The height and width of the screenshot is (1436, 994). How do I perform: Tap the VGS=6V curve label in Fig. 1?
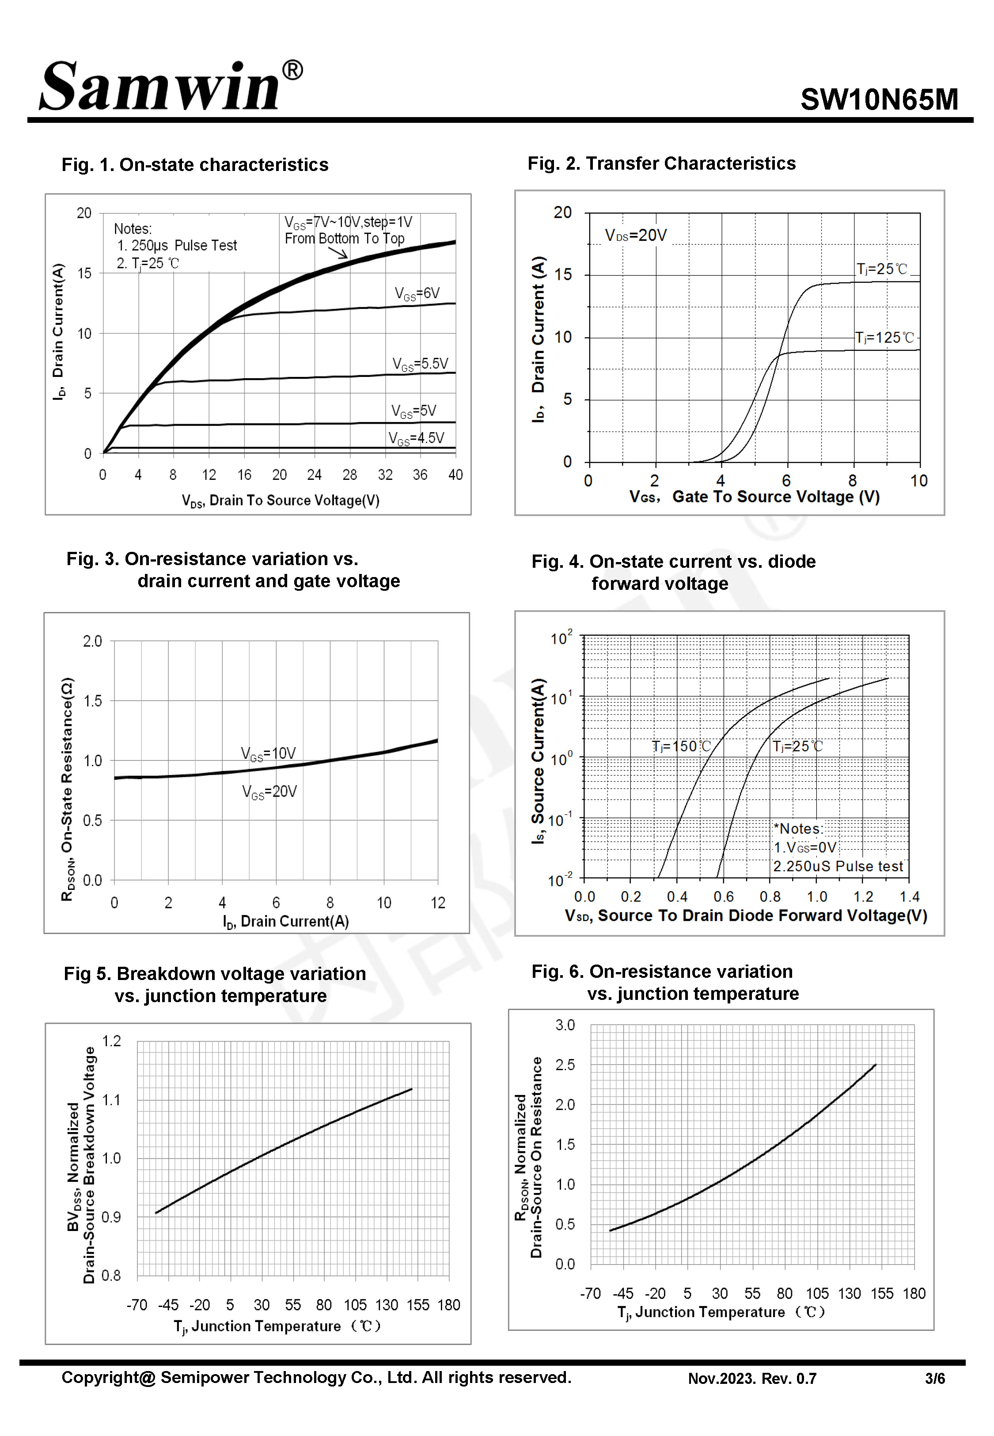pyautogui.click(x=417, y=293)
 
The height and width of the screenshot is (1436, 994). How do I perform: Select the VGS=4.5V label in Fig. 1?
pyautogui.click(x=416, y=438)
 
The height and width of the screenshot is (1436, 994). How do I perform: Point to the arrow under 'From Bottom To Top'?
pyautogui.click(x=338, y=252)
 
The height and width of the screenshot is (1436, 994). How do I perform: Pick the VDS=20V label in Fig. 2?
pyautogui.click(x=635, y=236)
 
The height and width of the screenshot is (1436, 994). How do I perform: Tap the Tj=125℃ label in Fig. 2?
pyautogui.click(x=884, y=338)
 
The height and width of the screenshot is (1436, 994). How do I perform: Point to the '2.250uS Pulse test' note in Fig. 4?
pyautogui.click(x=838, y=866)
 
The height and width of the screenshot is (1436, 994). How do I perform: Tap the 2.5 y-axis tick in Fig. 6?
pyautogui.click(x=565, y=1065)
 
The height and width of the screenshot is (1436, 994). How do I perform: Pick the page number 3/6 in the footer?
pyautogui.click(x=935, y=1379)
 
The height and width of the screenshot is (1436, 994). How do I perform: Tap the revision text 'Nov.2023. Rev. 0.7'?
pyautogui.click(x=752, y=1379)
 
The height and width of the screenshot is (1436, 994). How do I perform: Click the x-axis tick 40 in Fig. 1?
pyautogui.click(x=455, y=475)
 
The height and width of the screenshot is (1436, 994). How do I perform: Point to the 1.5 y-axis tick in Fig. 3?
pyautogui.click(x=92, y=701)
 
